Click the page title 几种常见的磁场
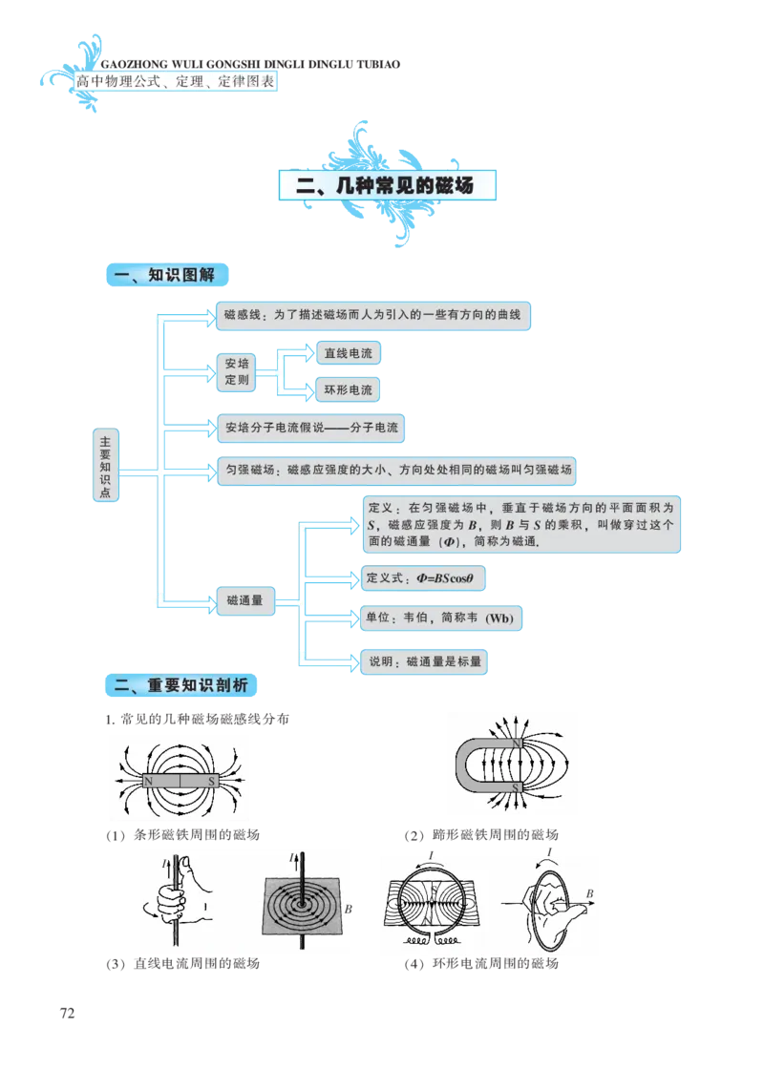click(387, 185)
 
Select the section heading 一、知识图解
click(164, 276)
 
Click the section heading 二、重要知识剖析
click(180, 685)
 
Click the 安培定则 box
click(237, 371)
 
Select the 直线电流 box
click(348, 354)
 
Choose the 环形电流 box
click(348, 389)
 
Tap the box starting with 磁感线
click(372, 317)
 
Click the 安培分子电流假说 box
click(310, 428)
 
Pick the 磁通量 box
click(244, 600)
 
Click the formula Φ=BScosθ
click(445, 578)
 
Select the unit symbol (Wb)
click(499, 618)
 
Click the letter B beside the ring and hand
click(589, 894)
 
